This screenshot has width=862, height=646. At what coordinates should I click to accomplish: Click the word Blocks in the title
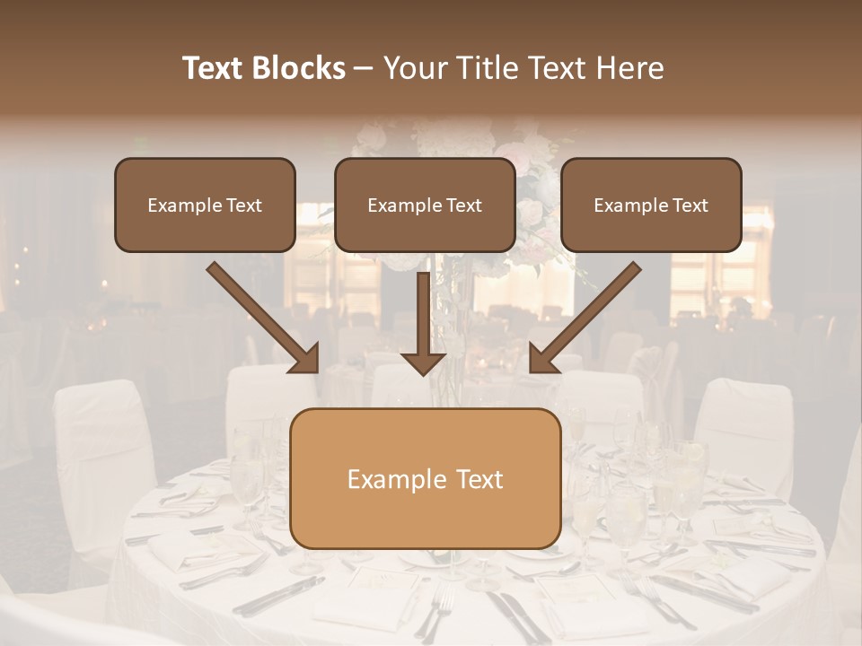tap(300, 68)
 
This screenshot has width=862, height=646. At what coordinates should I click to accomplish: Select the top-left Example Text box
tap(205, 205)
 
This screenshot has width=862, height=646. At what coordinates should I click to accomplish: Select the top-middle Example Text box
tap(425, 205)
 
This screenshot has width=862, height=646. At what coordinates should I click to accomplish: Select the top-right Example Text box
tap(651, 205)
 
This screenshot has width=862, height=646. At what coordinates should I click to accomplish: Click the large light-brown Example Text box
tap(425, 478)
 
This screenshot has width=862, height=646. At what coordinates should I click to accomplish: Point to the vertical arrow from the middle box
tap(423, 314)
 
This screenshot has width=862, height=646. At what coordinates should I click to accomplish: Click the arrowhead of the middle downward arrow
tap(423, 362)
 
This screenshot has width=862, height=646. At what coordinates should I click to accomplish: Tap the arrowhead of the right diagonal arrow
tap(544, 358)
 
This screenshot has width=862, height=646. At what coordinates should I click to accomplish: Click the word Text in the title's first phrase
tap(214, 68)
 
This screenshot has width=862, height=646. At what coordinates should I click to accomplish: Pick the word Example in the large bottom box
tap(387, 479)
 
